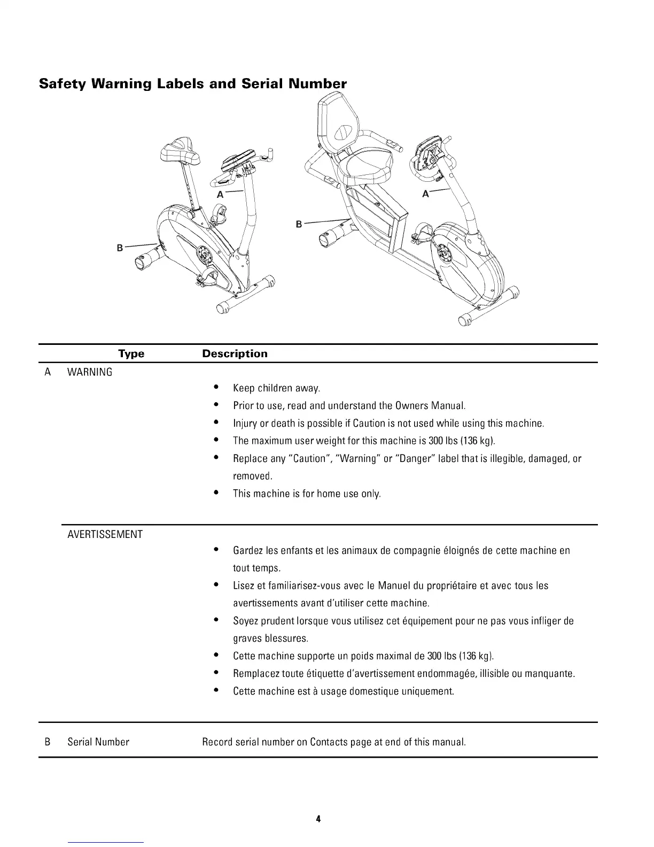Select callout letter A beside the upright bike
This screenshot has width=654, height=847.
point(220,195)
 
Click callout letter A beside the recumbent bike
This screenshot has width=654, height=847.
point(425,194)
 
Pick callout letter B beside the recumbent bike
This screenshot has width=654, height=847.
point(299,224)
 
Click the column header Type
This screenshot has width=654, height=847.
point(131,354)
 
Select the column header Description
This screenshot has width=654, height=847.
point(235,354)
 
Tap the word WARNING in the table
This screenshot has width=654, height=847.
point(90,373)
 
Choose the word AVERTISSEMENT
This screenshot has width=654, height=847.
point(105,535)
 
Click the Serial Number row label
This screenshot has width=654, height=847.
point(98,742)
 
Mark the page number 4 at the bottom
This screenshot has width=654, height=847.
point(318,819)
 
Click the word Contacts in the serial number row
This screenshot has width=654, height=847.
point(328,742)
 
